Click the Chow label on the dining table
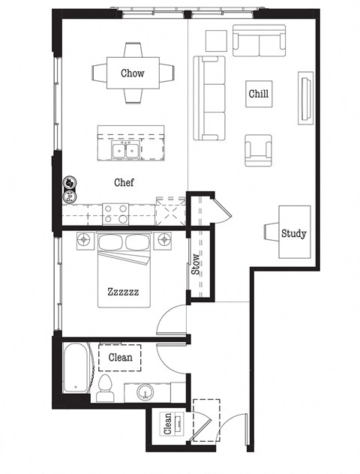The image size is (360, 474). point(133,73)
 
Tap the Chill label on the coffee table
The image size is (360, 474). point(258,94)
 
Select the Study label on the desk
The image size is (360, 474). point(293,233)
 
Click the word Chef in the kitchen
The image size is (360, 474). point(124,182)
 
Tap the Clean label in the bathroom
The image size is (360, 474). point(120,358)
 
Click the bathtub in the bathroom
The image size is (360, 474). point(76,367)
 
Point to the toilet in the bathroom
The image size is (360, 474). point(106,385)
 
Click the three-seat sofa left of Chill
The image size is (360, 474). point(210,98)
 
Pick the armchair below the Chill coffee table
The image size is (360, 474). point(257,150)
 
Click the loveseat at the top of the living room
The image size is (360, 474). point(259,40)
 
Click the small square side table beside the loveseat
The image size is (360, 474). point(216,40)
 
